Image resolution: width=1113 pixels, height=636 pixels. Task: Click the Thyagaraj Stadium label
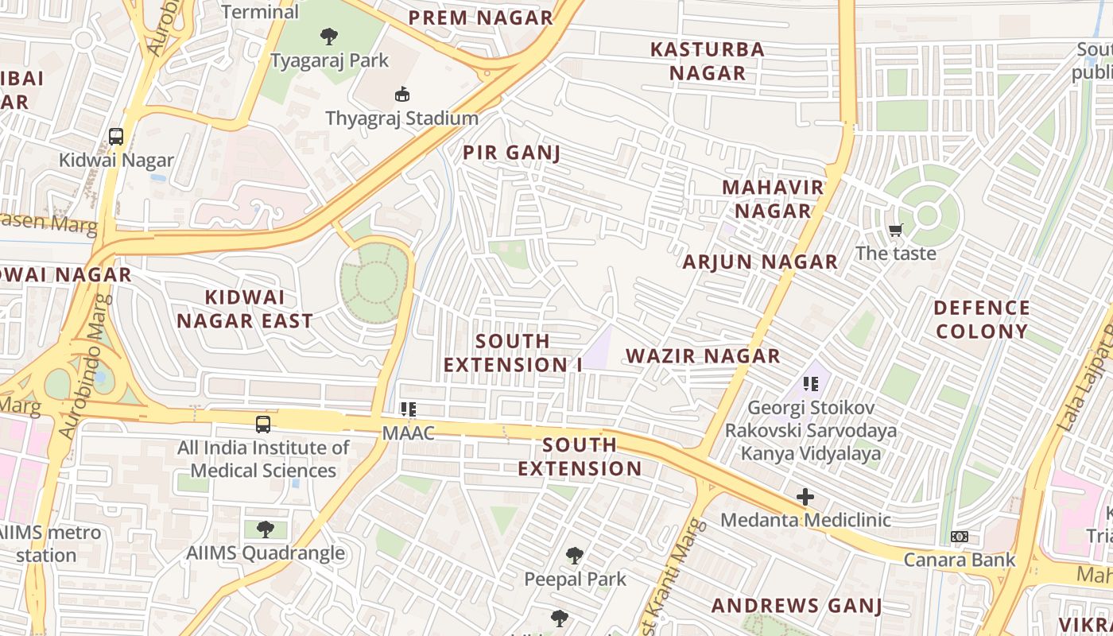[401, 118]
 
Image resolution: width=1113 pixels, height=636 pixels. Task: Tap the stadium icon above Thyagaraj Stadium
[402, 95]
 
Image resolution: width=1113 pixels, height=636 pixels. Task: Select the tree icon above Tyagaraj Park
[328, 36]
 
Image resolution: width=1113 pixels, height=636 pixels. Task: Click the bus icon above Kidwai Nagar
[116, 136]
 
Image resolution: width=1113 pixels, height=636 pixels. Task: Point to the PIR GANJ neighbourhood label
[512, 153]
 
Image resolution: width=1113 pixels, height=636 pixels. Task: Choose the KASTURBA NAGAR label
[707, 60]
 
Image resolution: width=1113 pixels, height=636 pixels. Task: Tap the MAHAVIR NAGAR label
[772, 199]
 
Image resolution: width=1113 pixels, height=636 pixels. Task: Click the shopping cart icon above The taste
[896, 231]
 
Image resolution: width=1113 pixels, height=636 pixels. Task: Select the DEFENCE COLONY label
[981, 320]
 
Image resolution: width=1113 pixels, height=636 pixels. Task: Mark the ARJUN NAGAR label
[760, 262]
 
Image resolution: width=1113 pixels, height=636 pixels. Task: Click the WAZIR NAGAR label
[703, 355]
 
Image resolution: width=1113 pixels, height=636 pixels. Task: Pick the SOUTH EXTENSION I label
[513, 352]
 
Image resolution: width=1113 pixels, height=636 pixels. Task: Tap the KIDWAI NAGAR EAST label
[244, 309]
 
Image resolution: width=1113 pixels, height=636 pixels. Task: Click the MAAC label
[409, 433]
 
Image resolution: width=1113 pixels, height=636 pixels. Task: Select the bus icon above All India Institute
[263, 425]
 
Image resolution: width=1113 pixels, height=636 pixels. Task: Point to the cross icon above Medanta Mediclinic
[805, 498]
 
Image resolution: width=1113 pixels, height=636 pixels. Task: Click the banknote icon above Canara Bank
[960, 537]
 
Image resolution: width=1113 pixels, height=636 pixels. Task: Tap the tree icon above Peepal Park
[575, 556]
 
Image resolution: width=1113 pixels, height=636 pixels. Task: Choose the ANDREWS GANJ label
[797, 606]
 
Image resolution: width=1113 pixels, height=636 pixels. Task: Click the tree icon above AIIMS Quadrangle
[266, 529]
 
